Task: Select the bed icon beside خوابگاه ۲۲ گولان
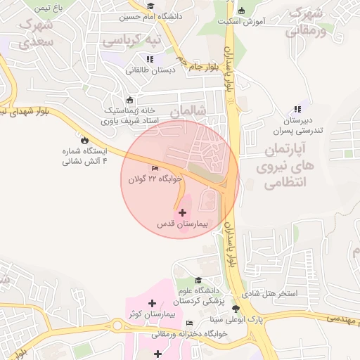click(155, 168)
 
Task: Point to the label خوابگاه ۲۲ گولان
click(155, 179)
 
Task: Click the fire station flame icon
click(85, 140)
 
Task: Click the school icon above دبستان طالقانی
click(149, 59)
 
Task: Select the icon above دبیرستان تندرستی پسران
click(297, 108)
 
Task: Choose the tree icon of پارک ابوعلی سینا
click(236, 309)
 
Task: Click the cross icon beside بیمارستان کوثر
click(153, 303)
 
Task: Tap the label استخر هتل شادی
click(270, 292)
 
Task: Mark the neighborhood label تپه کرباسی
click(132, 41)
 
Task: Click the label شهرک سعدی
click(37, 33)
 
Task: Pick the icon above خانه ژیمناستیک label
click(129, 100)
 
